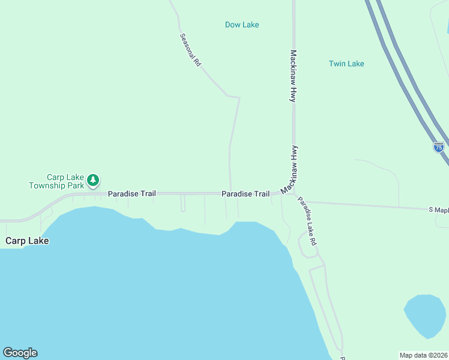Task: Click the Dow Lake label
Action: pyautogui.click(x=242, y=25)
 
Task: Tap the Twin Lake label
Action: pyautogui.click(x=346, y=64)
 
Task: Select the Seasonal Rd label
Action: pyautogui.click(x=190, y=49)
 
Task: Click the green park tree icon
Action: pyautogui.click(x=93, y=179)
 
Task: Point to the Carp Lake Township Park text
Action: pyautogui.click(x=58, y=181)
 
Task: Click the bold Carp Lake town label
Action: pyautogui.click(x=27, y=241)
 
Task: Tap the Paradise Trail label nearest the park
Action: pyautogui.click(x=132, y=194)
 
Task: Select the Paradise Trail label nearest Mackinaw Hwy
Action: pyautogui.click(x=246, y=194)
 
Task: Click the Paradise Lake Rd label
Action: pyautogui.click(x=307, y=222)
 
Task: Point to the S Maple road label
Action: pyautogui.click(x=438, y=210)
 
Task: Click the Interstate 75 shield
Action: pyautogui.click(x=439, y=147)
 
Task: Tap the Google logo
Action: pyautogui.click(x=20, y=353)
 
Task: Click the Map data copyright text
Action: pyautogui.click(x=424, y=354)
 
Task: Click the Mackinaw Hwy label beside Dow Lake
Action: pyautogui.click(x=294, y=76)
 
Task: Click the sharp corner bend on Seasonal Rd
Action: pyautogui.click(x=239, y=97)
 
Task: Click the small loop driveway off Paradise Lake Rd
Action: pyautogui.click(x=307, y=246)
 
